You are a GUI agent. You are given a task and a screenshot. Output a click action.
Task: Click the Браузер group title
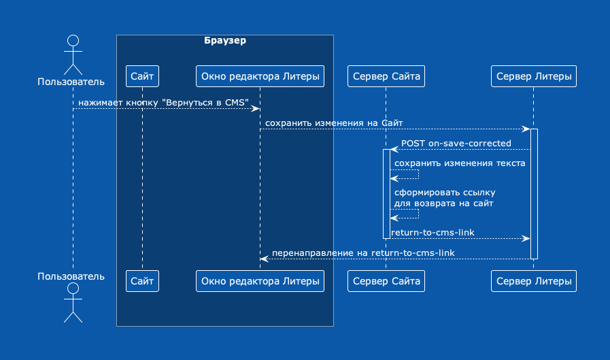225,40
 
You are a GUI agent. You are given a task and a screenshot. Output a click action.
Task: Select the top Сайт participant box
142,76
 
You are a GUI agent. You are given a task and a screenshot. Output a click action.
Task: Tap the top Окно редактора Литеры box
260,76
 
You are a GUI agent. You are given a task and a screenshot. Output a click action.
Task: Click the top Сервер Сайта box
386,76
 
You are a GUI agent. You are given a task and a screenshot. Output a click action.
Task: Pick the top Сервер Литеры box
534,76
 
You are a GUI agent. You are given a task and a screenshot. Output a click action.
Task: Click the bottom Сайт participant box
142,281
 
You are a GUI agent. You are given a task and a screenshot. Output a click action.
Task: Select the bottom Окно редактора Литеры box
260,281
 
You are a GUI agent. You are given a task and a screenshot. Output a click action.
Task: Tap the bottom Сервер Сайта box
386,281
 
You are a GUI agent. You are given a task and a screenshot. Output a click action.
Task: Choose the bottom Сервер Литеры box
534,281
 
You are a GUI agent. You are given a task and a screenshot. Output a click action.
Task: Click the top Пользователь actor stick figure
73,55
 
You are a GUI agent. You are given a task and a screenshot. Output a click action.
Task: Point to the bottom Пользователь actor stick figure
73,303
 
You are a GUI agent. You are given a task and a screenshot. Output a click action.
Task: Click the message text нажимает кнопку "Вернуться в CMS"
163,103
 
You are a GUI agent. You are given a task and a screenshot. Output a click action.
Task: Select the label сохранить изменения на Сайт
334,123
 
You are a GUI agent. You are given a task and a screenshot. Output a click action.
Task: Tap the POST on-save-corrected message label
456,143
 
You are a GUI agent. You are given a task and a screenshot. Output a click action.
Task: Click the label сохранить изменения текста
460,163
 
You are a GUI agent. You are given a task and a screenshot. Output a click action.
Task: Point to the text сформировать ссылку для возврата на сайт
445,198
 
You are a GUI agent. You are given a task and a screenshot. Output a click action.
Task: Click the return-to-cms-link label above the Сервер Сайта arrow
433,232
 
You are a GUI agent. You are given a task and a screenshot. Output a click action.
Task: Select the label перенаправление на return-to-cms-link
363,253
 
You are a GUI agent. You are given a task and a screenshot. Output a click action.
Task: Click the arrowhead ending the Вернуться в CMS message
256,109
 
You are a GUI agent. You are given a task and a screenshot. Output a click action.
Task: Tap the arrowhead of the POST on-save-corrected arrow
394,150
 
